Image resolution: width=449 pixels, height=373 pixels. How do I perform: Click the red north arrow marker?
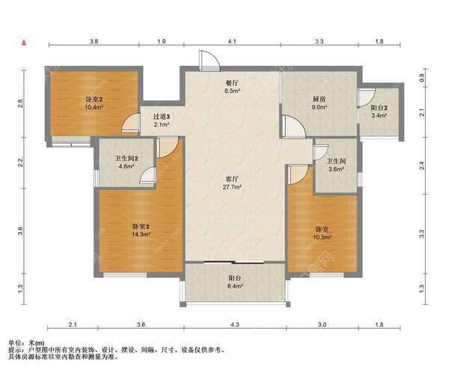coord(25,43)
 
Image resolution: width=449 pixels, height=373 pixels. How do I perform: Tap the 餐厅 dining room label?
coord(232,83)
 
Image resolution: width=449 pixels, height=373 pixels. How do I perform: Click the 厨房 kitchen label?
coord(319,100)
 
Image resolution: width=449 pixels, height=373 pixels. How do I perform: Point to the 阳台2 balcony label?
coord(379,108)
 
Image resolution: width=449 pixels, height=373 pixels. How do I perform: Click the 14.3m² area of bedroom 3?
coord(141,234)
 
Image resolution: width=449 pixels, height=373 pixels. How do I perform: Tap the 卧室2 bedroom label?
coord(94,100)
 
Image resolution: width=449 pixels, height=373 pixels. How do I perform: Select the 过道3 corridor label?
coord(161,117)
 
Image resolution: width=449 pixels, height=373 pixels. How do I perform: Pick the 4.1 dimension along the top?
coord(232,41)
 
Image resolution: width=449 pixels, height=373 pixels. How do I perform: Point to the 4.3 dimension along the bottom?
coord(235,324)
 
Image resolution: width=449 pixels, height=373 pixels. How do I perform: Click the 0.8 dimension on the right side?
coord(421,78)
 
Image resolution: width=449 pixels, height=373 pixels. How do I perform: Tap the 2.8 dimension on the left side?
coord(20,103)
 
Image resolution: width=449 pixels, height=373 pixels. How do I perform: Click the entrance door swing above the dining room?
coord(210,61)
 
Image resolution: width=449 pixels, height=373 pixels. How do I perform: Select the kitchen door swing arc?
coord(293,126)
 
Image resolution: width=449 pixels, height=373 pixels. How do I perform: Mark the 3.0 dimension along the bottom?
coord(322,324)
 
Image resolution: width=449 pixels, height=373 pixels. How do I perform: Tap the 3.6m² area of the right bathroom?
coord(336,169)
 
